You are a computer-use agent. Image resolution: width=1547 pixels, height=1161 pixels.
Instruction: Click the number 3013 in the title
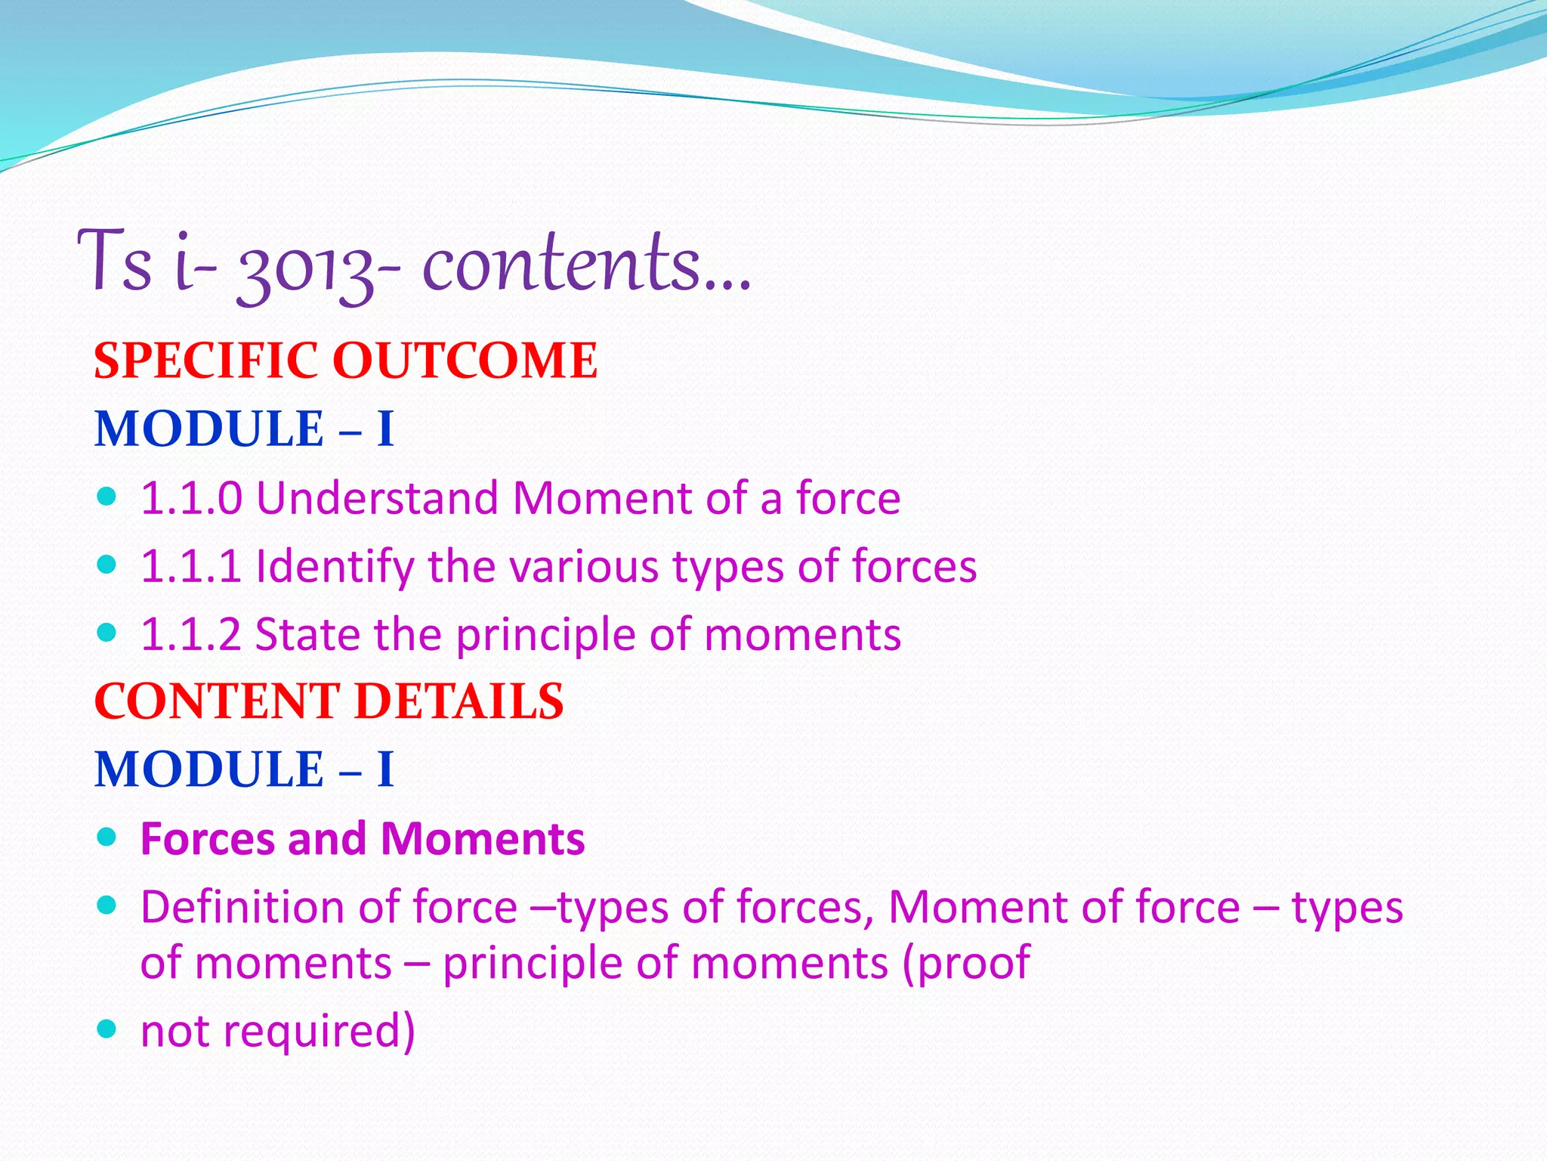304,266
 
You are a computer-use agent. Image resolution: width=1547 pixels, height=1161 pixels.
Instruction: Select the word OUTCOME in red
465,361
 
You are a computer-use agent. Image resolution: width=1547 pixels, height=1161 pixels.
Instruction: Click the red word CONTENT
216,701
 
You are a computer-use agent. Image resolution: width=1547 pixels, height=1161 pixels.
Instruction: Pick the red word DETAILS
459,701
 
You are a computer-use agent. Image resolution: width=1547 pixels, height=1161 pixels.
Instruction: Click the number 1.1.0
192,499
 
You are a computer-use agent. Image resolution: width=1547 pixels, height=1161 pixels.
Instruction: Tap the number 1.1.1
192,567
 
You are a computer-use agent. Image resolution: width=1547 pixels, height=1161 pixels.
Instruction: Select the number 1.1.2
192,635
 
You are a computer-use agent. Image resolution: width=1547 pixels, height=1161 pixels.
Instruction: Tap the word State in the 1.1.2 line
307,635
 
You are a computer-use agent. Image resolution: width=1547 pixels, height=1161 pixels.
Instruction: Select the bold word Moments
482,839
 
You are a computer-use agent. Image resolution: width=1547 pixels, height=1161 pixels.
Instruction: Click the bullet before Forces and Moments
107,836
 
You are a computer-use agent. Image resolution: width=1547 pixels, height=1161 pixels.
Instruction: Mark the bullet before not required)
107,1028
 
